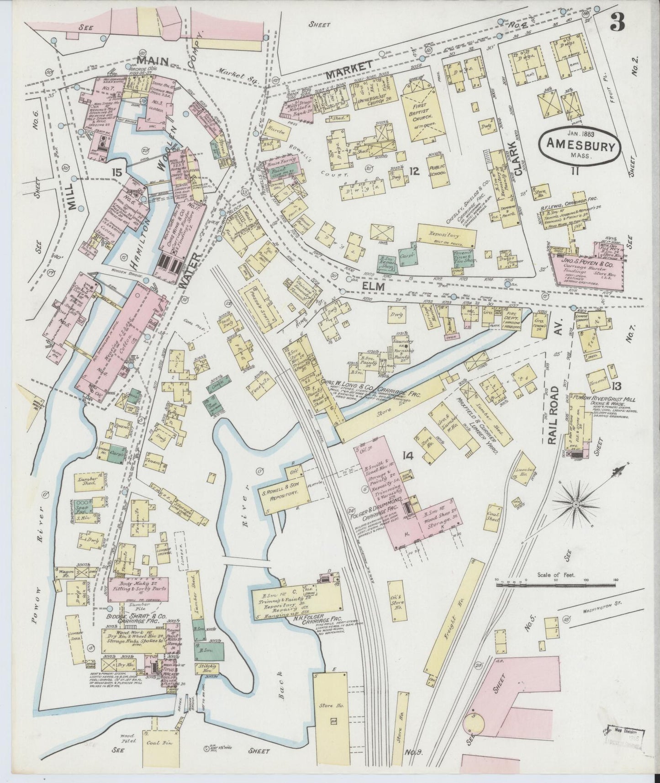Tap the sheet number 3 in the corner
(616, 21)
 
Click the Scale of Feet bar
(556, 584)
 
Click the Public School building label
(437, 169)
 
